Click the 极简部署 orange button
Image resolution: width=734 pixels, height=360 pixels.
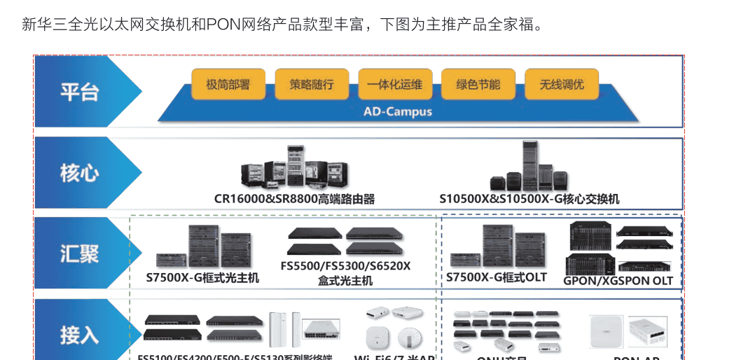point(228,85)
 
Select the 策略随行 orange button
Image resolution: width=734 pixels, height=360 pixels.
point(312,85)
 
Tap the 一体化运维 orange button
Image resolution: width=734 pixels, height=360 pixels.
point(395,85)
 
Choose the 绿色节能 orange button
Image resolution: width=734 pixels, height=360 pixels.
point(478,85)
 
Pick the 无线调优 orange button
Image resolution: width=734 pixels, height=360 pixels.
point(561,85)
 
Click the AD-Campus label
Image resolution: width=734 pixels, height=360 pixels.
point(398,111)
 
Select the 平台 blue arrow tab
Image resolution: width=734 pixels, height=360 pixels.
point(81,92)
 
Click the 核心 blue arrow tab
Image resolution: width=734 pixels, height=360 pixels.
point(81,173)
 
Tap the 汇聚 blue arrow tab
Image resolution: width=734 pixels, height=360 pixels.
point(81,254)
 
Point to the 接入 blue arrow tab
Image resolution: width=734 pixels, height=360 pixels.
point(81,334)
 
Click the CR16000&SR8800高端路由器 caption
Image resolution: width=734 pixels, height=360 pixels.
point(294,199)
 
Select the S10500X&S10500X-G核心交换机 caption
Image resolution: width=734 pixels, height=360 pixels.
point(529,199)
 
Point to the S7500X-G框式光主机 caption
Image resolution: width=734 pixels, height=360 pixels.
point(202,278)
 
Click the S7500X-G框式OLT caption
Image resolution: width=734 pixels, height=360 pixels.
point(497,277)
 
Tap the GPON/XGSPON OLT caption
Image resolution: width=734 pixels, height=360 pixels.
point(618,281)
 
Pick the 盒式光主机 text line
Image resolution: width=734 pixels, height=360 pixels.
point(345,281)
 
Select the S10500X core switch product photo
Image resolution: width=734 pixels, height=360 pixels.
point(530,168)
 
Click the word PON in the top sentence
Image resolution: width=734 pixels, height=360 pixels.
point(223,26)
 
